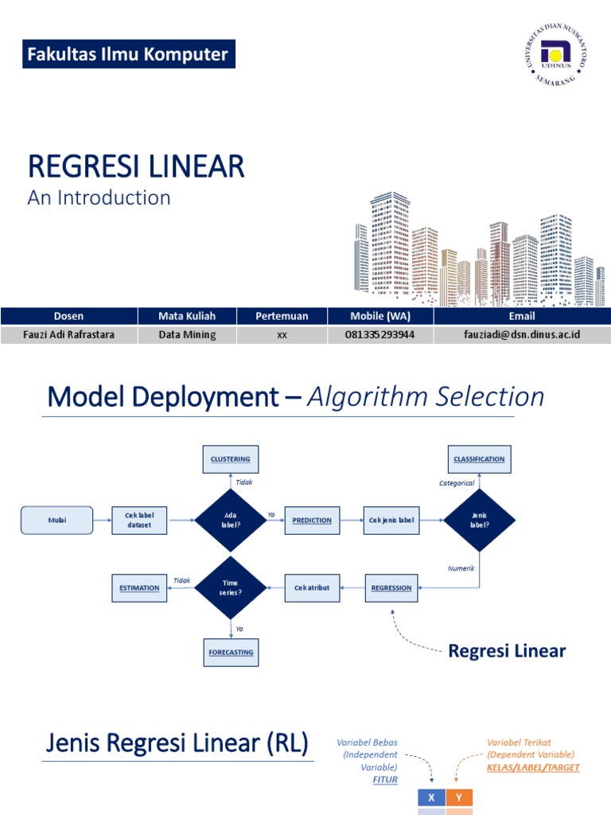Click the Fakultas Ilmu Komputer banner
[128, 55]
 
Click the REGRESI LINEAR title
[136, 167]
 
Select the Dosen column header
[68, 316]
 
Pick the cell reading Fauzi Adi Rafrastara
[68, 335]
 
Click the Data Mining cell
[187, 335]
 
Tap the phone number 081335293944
[379, 335]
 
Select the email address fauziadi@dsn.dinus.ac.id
[522, 335]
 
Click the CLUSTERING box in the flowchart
[230, 459]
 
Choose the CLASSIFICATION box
[479, 459]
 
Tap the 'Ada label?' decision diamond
[230, 521]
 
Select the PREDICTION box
[312, 521]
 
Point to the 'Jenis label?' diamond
[479, 521]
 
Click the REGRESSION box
[391, 588]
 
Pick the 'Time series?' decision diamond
[230, 588]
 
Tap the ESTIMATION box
[139, 588]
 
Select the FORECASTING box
[230, 653]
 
